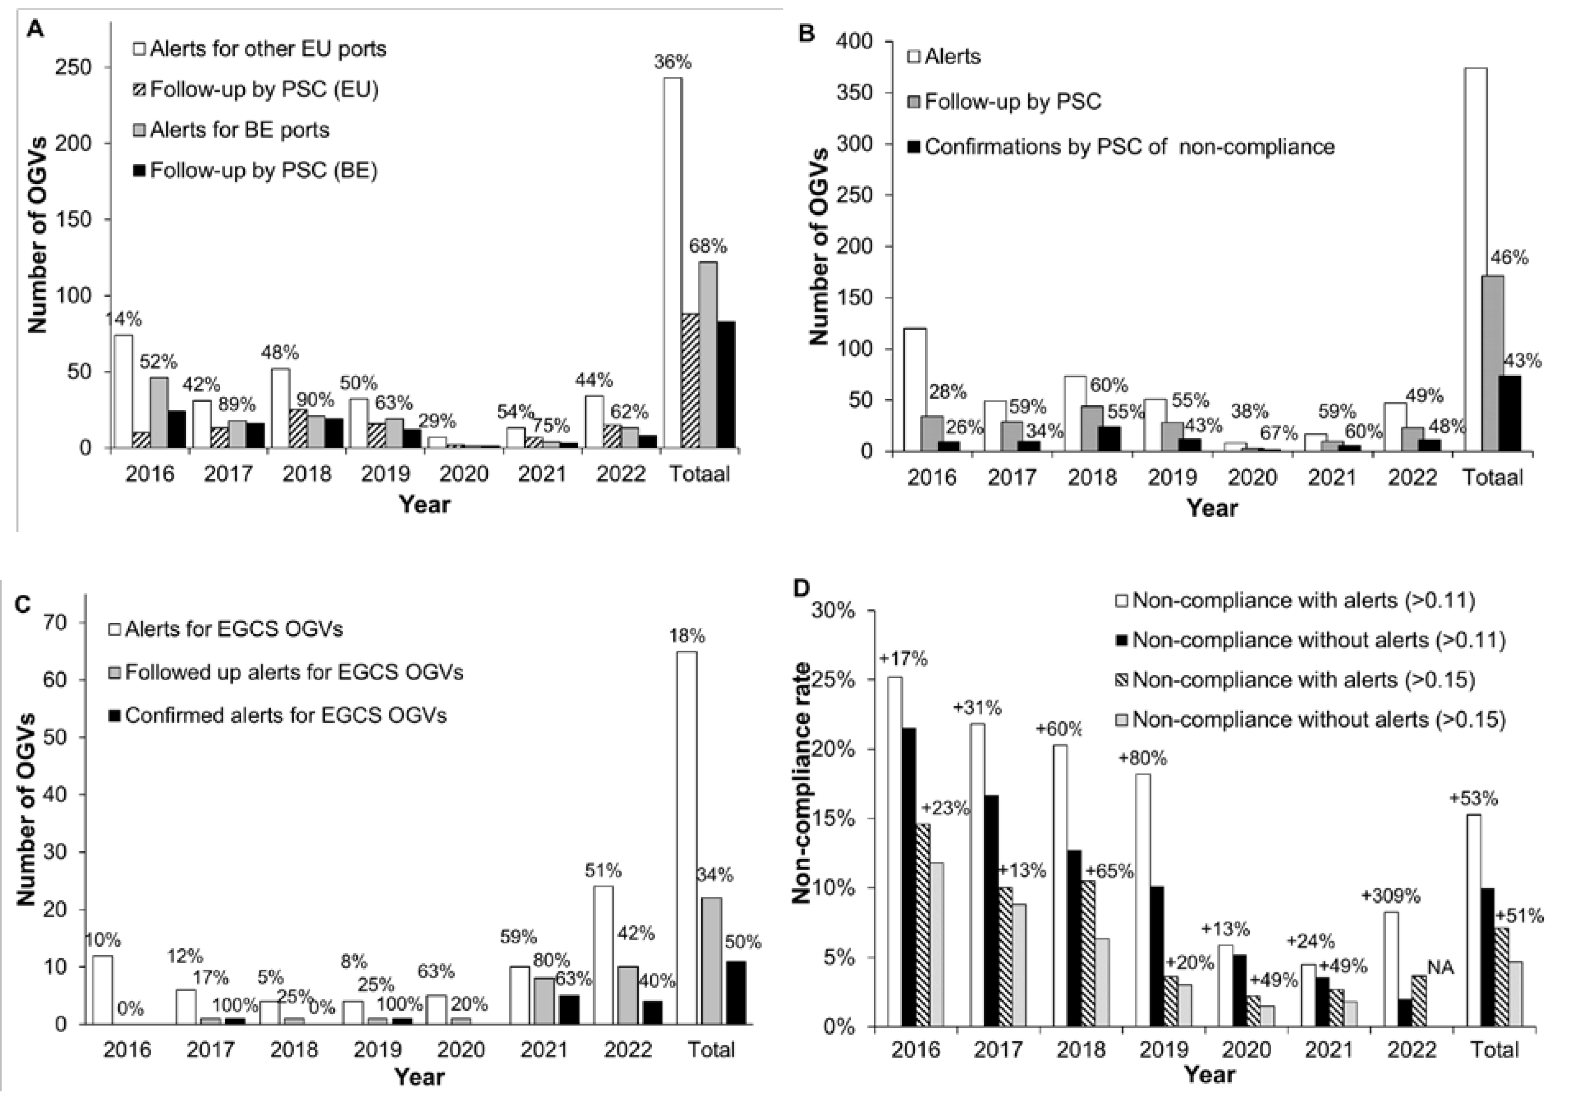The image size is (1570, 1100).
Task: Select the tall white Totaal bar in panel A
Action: (672, 263)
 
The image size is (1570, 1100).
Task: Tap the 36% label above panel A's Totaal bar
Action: (672, 62)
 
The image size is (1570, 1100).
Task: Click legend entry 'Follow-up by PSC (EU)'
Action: (264, 90)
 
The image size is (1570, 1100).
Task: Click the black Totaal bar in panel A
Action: (726, 384)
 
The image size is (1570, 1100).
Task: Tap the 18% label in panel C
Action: (686, 636)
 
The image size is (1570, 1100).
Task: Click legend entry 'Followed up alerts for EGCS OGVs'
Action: (293, 672)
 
